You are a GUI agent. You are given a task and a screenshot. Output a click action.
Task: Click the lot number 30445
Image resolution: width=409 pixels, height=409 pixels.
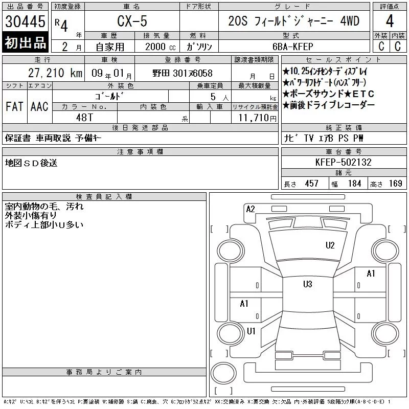coord(25,21)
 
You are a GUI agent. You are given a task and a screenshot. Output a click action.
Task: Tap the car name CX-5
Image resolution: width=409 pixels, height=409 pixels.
coord(132,21)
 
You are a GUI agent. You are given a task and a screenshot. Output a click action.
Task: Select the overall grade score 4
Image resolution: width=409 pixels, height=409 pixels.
coord(390,21)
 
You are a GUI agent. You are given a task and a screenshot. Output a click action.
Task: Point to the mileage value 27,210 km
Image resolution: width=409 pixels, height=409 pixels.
coord(55,73)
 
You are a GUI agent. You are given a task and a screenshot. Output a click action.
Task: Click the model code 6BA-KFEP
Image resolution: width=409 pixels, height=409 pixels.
coord(292,47)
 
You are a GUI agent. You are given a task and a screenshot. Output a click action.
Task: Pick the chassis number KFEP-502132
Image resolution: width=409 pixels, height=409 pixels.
coord(343,162)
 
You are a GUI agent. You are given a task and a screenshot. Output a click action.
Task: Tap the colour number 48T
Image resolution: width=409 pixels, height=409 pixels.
coord(84,118)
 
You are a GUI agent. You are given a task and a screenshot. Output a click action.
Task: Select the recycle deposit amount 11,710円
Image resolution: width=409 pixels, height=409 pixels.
coord(258,118)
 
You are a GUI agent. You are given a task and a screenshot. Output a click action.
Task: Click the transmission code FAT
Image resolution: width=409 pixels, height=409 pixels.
coord(14,106)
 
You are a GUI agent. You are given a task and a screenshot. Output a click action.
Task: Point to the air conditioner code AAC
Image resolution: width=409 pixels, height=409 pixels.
coord(39,106)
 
